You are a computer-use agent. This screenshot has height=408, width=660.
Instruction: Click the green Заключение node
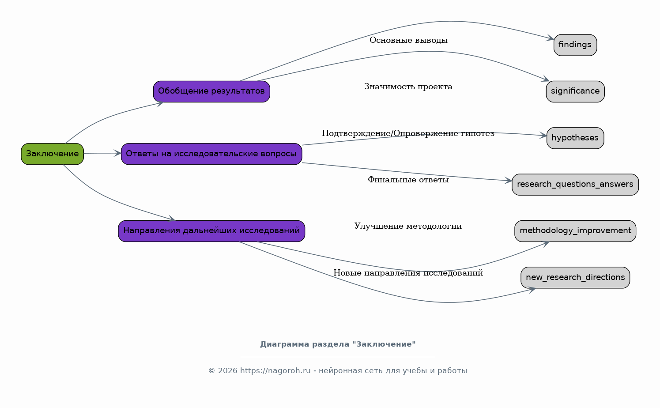[53, 154]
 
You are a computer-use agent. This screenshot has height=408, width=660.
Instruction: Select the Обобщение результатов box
[211, 91]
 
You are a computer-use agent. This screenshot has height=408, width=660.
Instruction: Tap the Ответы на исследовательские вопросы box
[211, 154]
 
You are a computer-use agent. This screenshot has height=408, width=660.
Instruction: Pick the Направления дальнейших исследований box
[211, 231]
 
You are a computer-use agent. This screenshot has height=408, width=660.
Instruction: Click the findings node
[575, 45]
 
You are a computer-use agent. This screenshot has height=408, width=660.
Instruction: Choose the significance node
[575, 91]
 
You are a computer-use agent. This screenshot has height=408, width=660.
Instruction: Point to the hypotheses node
[575, 138]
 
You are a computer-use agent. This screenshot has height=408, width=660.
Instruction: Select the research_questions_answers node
[575, 185]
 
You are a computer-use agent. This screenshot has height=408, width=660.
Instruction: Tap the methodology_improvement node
[575, 231]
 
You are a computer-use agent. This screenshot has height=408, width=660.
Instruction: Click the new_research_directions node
[575, 278]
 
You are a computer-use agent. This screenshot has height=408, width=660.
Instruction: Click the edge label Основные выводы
[408, 40]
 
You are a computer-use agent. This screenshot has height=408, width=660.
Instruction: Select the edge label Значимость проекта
[408, 87]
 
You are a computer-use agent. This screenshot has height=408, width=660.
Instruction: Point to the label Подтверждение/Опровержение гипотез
[408, 133]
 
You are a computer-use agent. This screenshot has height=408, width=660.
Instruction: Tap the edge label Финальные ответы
[408, 180]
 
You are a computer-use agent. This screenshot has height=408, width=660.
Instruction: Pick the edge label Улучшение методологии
[408, 226]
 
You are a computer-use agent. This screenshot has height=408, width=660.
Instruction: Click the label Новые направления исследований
[408, 273]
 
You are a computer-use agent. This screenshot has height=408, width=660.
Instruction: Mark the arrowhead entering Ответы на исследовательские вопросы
[117, 153]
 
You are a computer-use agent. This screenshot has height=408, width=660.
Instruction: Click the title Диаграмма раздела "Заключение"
[338, 344]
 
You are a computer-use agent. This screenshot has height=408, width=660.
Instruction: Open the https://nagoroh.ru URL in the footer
[275, 371]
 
